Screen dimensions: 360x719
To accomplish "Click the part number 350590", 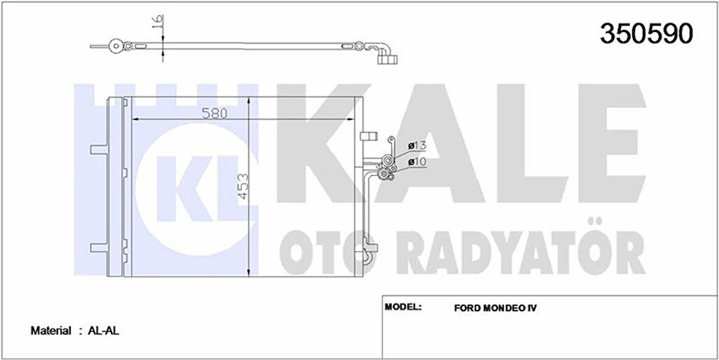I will point(646,34).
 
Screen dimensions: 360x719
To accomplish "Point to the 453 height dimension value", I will point(243,192).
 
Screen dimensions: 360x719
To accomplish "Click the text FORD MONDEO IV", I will point(495,308).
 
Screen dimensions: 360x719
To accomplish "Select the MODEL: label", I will point(403,306).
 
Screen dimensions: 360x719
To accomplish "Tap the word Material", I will point(51,331).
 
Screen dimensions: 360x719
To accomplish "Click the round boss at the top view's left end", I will point(114,45).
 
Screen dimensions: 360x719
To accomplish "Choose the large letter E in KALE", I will point(603,149).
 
